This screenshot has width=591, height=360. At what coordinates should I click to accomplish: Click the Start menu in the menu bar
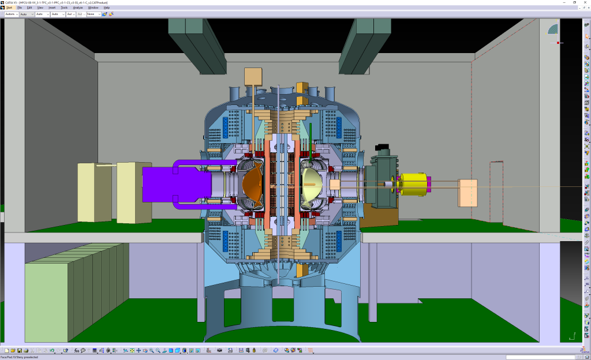10,7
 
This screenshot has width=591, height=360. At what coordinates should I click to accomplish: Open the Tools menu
64,7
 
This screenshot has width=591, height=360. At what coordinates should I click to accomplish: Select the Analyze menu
78,7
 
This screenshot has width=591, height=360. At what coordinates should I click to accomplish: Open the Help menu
107,7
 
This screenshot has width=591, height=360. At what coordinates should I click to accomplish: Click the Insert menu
52,7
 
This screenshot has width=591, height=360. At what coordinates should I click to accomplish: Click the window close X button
585,2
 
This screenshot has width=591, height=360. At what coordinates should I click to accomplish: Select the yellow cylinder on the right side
413,184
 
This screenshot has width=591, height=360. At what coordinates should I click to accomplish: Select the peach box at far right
467,193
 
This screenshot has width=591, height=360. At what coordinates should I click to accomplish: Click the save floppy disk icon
19,350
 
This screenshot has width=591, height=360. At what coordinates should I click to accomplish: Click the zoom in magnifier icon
151,350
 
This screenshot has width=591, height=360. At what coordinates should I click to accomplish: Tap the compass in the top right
553,29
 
